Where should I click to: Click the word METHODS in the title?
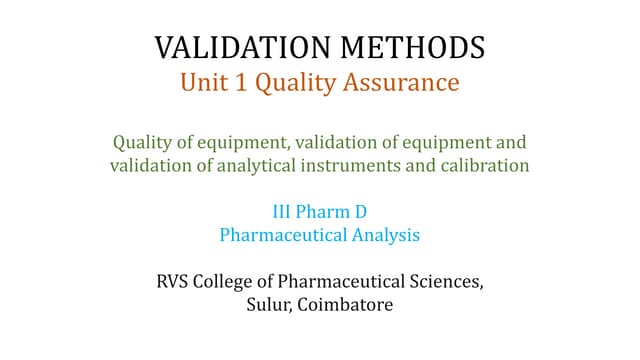pos(408,47)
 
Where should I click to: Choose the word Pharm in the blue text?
pos(328,213)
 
